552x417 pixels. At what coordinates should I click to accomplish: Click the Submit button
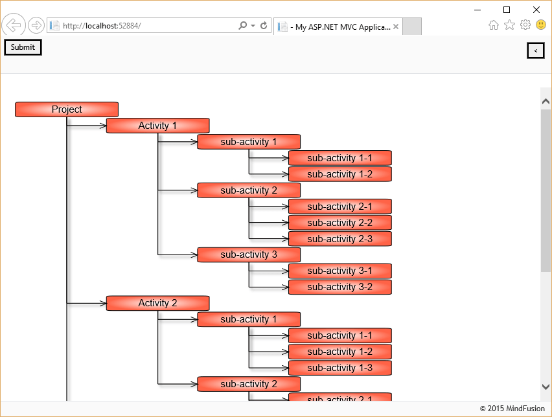click(23, 47)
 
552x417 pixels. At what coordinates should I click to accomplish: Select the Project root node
click(67, 109)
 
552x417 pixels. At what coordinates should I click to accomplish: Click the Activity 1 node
click(157, 126)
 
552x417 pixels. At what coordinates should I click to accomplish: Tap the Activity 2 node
click(157, 303)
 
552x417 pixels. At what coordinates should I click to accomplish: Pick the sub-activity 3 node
click(249, 254)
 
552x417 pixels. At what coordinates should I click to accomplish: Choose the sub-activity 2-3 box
click(340, 239)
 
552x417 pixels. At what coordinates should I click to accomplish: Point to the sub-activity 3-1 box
click(340, 271)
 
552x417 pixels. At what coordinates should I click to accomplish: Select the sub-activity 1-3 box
click(340, 368)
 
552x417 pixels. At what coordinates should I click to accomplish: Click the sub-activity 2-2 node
click(340, 223)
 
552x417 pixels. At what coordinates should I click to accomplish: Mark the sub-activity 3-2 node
click(340, 287)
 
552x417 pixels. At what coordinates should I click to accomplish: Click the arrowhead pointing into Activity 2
click(102, 303)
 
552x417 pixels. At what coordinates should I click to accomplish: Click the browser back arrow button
click(14, 26)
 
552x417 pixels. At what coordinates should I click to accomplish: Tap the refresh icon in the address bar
click(264, 26)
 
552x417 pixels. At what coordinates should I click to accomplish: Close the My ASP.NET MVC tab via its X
click(396, 27)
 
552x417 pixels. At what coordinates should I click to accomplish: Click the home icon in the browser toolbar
click(494, 25)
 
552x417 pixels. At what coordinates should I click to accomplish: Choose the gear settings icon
click(525, 25)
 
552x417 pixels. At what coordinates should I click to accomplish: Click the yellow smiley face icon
click(541, 25)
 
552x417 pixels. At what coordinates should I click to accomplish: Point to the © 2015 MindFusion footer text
click(512, 409)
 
